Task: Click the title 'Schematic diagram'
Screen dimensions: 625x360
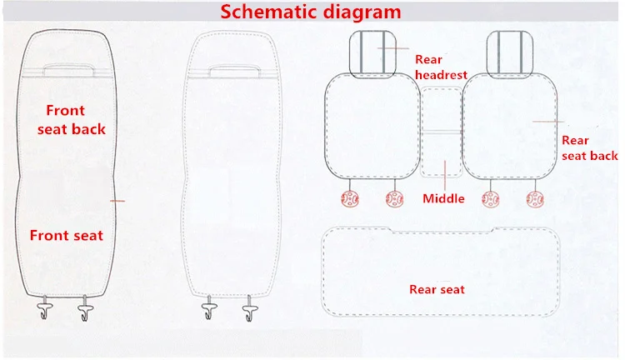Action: point(311,12)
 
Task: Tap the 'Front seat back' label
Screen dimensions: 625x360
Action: point(72,120)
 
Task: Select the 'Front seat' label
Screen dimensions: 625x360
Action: point(67,235)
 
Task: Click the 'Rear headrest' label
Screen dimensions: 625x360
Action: point(441,67)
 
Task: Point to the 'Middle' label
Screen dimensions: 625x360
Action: point(443,198)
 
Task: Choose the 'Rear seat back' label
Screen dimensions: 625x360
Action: point(589,147)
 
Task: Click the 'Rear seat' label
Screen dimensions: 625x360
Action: point(437,289)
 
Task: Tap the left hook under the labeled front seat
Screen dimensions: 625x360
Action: point(44,308)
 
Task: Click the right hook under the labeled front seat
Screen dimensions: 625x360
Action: point(85,308)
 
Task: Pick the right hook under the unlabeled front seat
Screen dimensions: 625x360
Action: point(250,308)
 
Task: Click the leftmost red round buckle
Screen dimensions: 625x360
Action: point(350,198)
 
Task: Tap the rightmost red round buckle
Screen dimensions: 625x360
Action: point(535,199)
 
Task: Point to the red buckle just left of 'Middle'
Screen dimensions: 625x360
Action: point(395,199)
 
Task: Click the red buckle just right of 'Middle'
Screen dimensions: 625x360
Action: point(490,199)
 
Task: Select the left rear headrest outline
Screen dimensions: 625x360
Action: point(349,55)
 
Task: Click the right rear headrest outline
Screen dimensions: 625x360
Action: point(487,55)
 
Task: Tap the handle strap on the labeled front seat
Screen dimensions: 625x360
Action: point(69,65)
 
